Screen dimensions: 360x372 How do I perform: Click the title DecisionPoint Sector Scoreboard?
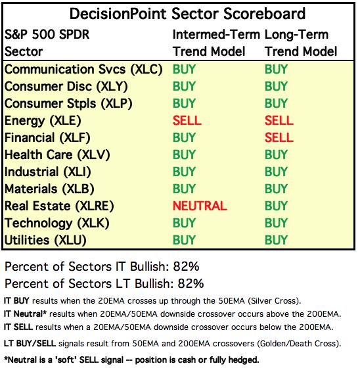187,14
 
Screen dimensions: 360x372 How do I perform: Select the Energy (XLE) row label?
43,121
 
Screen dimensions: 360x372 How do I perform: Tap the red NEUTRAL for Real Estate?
200,206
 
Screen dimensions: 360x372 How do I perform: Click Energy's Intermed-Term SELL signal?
187,120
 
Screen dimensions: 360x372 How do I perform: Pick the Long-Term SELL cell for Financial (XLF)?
279,137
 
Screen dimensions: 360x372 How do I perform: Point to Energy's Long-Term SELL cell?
279,120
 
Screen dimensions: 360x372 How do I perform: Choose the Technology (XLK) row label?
57,223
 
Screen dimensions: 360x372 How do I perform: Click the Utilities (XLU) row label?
45,241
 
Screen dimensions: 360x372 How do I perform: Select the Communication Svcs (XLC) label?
83,70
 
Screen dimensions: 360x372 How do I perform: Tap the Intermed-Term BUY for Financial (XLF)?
184,137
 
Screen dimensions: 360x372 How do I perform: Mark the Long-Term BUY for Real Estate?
276,206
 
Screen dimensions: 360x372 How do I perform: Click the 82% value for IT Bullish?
186,266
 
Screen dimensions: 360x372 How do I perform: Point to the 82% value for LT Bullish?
191,283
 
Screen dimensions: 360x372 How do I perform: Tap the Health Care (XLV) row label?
57,155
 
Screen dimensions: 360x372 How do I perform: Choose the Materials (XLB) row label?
49,189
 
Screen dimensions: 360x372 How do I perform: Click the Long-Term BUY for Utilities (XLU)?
276,240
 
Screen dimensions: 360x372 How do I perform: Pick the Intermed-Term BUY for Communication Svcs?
184,69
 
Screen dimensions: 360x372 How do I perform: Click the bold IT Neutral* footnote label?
26,314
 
